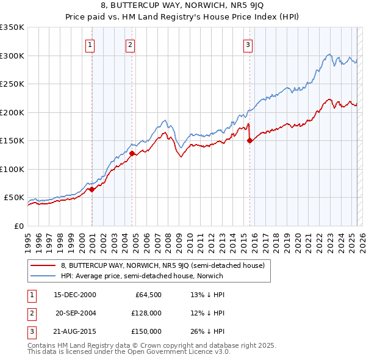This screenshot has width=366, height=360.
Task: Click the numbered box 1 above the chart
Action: click(90, 44)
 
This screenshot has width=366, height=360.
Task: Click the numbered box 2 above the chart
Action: click(131, 44)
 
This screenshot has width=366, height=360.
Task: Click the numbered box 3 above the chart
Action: click(248, 44)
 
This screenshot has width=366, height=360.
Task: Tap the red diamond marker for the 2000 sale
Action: click(91, 189)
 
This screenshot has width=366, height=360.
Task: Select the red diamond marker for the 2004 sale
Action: click(132, 153)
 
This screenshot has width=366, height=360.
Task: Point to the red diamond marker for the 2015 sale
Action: click(249, 140)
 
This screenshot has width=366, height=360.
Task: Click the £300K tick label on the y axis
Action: click(12, 56)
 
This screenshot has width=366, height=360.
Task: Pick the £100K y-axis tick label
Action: click(12, 169)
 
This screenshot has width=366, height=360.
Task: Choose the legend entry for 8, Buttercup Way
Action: click(162, 265)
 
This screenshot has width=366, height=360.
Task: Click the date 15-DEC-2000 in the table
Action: click(75, 295)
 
